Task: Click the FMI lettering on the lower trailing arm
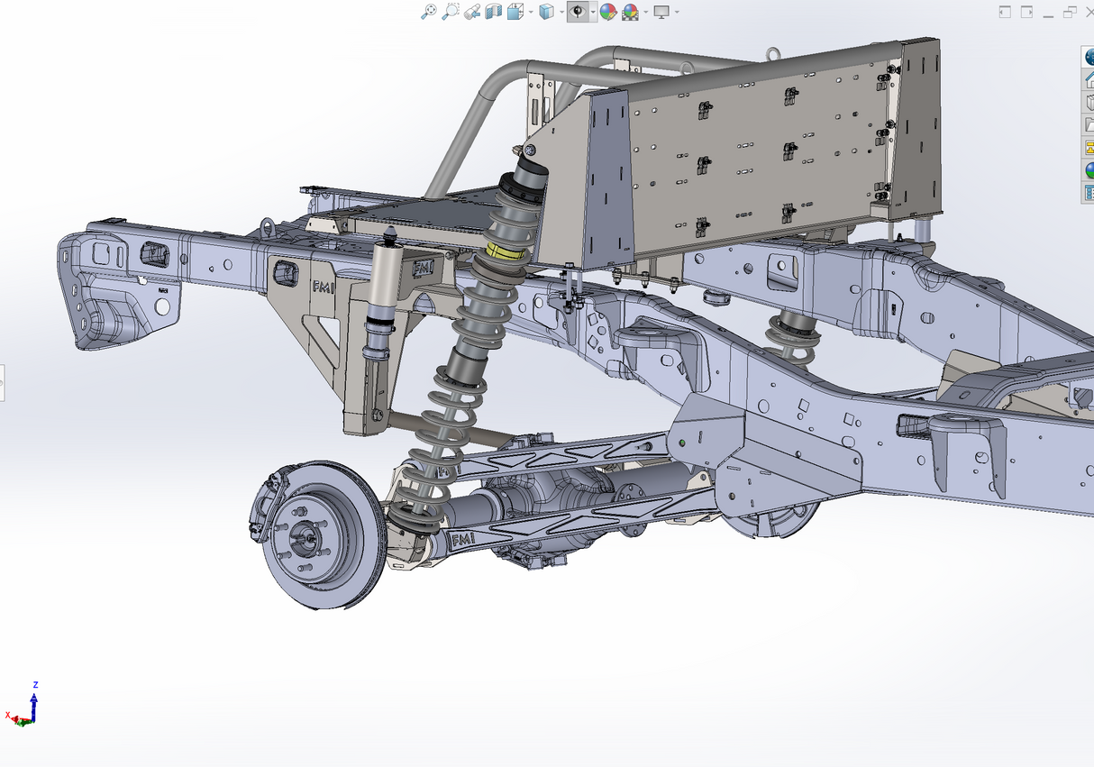462,539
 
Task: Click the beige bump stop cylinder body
385,280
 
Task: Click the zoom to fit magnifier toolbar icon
430,11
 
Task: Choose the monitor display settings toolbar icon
661,11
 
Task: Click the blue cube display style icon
546,11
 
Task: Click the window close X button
1089,11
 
